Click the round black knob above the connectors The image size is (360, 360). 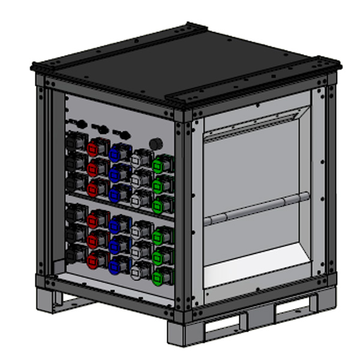157,144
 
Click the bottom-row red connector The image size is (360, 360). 94,259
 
